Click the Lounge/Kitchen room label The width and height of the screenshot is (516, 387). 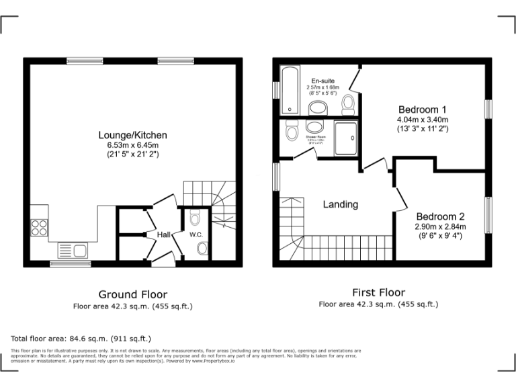click(x=132, y=135)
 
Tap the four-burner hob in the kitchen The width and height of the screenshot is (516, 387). click(x=38, y=228)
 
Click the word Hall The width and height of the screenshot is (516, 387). click(x=164, y=234)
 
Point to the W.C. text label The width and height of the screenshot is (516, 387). click(x=196, y=234)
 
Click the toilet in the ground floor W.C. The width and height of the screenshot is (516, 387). click(x=196, y=218)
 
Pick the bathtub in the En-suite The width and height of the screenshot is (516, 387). click(x=290, y=89)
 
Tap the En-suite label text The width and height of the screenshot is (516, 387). click(x=322, y=81)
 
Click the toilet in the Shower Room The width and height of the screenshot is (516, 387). click(x=292, y=132)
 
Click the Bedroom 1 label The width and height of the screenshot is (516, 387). click(x=423, y=110)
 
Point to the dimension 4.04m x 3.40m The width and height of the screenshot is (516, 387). click(x=423, y=120)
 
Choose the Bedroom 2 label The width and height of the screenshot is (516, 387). click(x=440, y=216)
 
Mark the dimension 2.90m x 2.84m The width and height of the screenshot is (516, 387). click(x=440, y=226)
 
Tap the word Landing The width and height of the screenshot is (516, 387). click(x=341, y=204)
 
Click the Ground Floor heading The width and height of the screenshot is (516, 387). click(x=132, y=294)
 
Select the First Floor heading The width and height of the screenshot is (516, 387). click(x=378, y=292)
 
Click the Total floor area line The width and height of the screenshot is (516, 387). click(x=81, y=339)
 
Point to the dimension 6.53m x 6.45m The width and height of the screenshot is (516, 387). click(x=132, y=145)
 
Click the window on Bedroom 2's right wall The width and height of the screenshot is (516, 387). click(x=488, y=215)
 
